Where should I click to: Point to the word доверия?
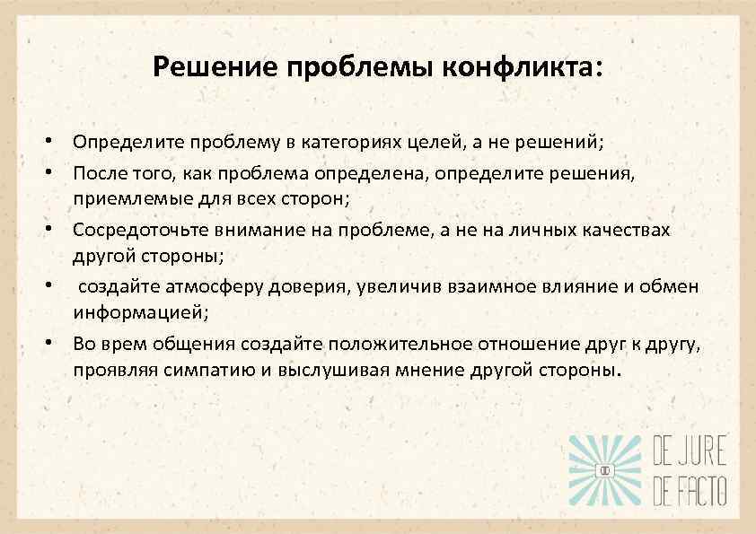tap(311, 287)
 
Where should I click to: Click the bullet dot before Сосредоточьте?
tap(54, 229)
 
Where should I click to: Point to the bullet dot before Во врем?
tap(54, 344)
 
